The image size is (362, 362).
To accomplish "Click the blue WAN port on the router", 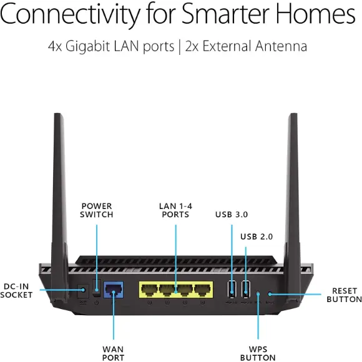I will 113,290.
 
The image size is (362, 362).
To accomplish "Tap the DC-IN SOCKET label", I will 17,290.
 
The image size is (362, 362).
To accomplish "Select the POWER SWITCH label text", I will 97,210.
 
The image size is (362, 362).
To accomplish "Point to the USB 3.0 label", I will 232,214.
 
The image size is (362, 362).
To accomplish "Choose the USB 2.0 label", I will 257,237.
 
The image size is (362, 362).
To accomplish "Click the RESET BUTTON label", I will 343,295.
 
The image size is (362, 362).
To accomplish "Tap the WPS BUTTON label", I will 258,353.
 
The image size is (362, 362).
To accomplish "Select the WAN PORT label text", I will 113,353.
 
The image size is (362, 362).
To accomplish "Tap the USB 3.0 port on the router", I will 232,289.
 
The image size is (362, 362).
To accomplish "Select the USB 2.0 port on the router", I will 245,289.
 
